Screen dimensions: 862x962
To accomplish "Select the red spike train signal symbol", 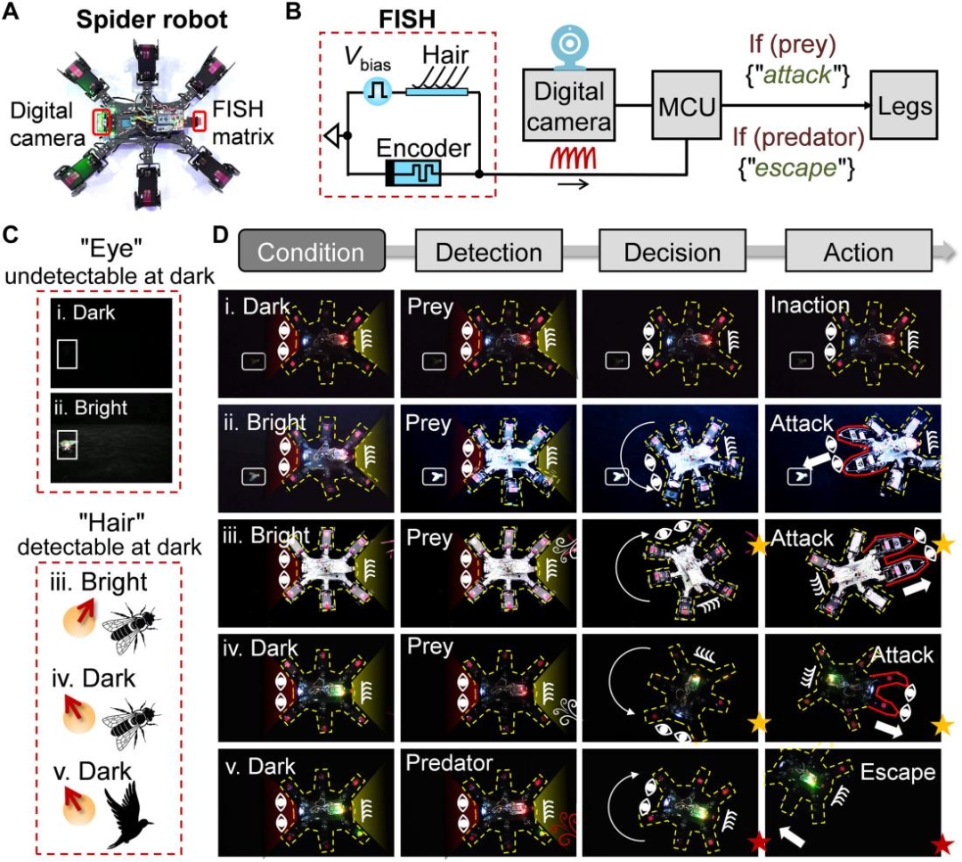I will [x=582, y=160].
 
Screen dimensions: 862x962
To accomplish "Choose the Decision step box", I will [x=673, y=252].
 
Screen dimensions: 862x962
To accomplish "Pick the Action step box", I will [x=858, y=252].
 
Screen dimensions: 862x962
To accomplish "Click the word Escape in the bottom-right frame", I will [x=899, y=773].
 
